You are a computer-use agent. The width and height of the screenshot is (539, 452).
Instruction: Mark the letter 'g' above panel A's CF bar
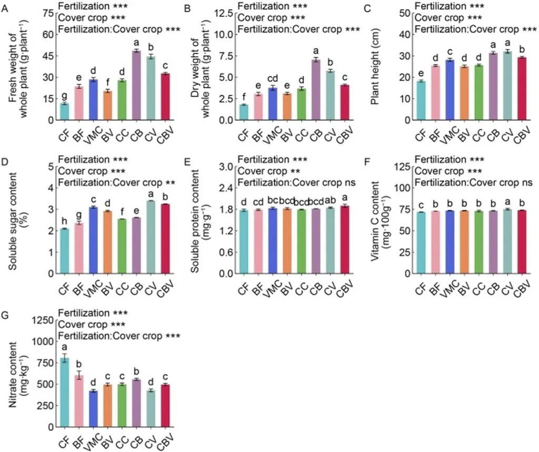point(64,95)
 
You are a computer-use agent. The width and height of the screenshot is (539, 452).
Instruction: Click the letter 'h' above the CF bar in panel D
point(64,221)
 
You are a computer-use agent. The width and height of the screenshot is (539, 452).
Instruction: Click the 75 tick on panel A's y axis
point(46,13)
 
